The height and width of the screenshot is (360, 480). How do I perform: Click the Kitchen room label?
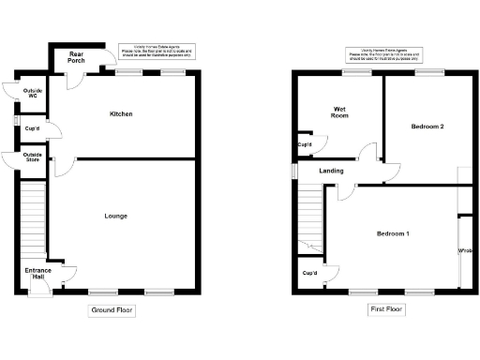click(121, 114)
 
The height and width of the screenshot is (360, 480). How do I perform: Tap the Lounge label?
click(116, 217)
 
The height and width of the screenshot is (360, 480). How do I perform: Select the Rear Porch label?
click(76, 58)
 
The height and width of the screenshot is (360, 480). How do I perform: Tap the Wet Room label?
click(340, 113)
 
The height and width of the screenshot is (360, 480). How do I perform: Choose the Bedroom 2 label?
click(427, 126)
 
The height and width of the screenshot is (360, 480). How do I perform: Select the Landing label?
click(331, 171)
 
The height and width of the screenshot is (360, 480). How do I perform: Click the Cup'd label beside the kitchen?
click(32, 129)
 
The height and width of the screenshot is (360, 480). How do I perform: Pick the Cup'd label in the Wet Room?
click(305, 144)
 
